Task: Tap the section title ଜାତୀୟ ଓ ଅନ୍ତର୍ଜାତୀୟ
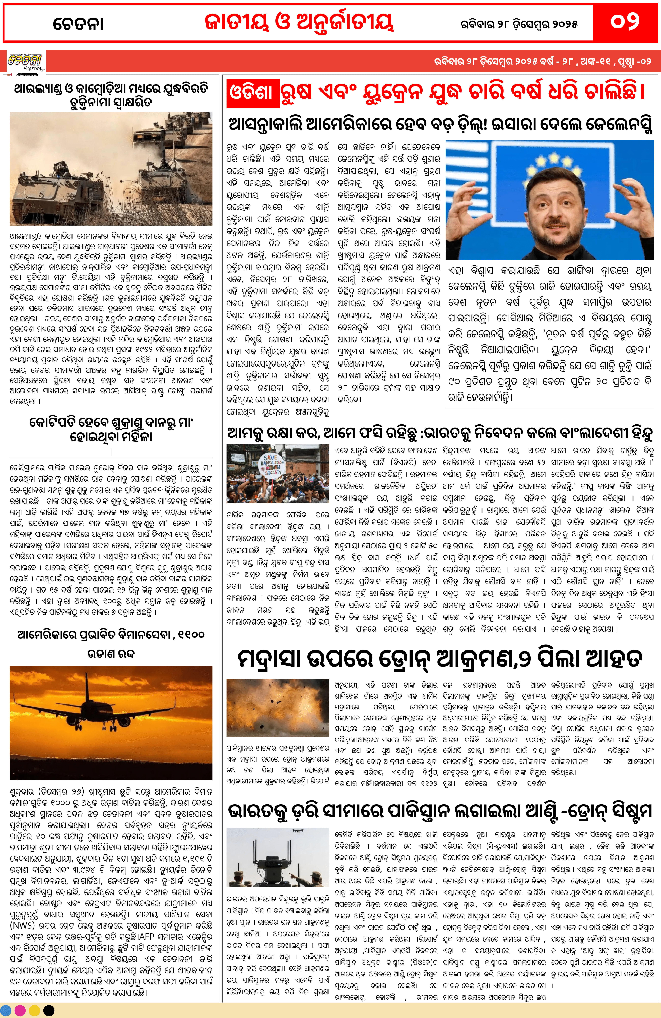click(298, 22)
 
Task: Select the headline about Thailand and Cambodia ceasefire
click(111, 95)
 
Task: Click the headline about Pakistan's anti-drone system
click(440, 812)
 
